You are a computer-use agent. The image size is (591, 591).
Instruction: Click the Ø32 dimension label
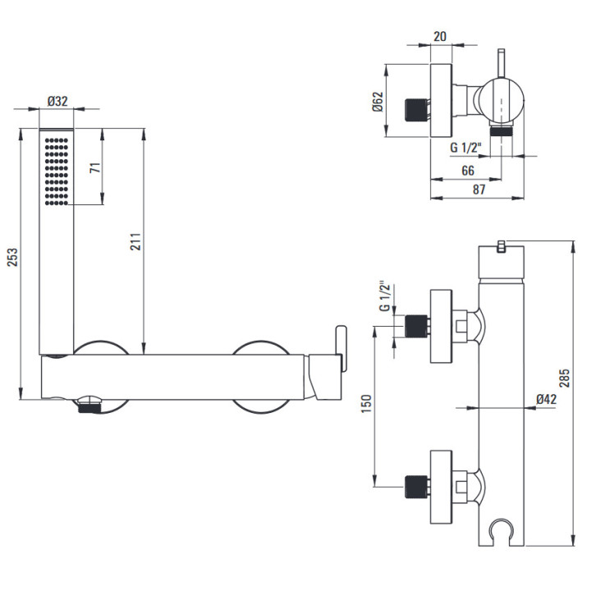pyautogui.click(x=57, y=101)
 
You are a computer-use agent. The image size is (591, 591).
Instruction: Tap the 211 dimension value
pyautogui.click(x=136, y=241)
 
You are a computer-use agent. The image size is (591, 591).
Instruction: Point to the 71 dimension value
pyautogui.click(x=95, y=167)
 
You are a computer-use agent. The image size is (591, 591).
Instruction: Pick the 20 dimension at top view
pyautogui.click(x=440, y=35)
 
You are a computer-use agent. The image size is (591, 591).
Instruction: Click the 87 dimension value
pyautogui.click(x=478, y=190)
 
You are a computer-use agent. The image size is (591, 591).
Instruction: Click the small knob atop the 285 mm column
pyautogui.click(x=500, y=245)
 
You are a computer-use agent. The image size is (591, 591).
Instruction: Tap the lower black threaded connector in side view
pyautogui.click(x=418, y=486)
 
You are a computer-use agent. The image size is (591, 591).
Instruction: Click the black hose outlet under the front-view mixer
pyautogui.click(x=88, y=406)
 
